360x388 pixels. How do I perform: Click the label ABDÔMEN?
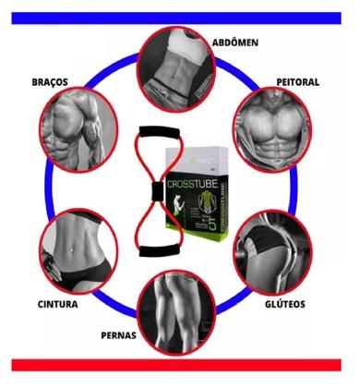pos(234,42)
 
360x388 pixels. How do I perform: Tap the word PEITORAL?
pos(296,81)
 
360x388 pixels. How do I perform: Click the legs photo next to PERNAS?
pos(176,313)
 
